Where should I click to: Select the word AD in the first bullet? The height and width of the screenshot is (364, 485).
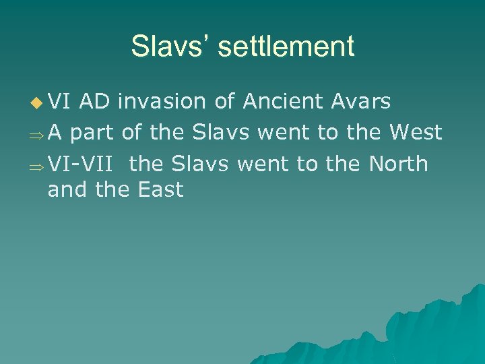pos(96,102)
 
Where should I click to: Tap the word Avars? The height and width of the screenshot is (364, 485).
pos(361,102)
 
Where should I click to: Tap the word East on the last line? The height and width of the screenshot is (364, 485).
pos(160,189)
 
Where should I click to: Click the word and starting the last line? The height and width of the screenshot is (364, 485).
pos(67,189)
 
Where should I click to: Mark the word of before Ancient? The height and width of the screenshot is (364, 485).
pos(224,102)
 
